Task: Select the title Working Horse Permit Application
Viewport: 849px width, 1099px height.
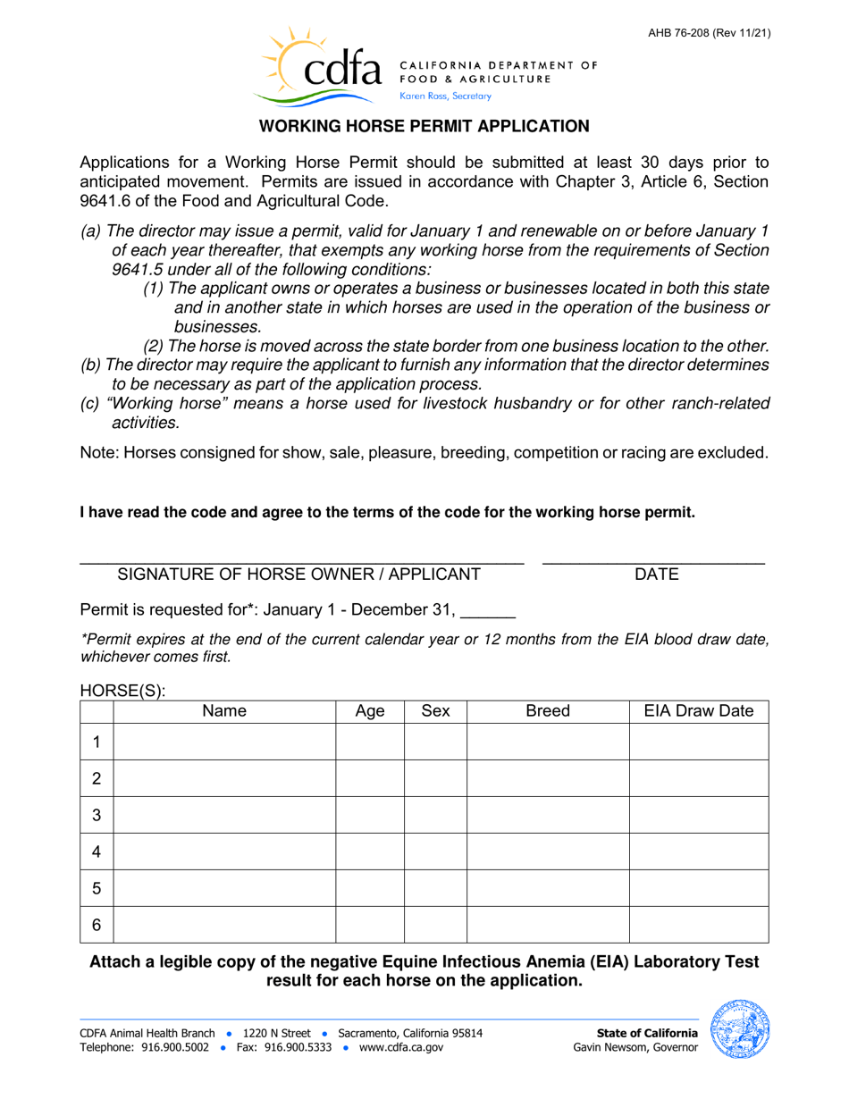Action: pos(424,127)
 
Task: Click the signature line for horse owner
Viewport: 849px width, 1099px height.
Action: pos(301,558)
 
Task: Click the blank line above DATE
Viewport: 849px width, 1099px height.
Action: pos(654,558)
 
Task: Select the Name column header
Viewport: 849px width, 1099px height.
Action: pos(224,711)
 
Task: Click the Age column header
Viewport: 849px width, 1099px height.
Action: pos(370,711)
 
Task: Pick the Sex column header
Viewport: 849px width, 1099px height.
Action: pos(435,711)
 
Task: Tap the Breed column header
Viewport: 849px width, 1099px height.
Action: pos(548,711)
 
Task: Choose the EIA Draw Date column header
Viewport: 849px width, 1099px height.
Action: pos(699,711)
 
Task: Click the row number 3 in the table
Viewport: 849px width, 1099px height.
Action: pos(97,815)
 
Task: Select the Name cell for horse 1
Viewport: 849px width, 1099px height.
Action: pos(224,742)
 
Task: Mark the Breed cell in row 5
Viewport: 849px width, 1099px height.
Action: pos(548,888)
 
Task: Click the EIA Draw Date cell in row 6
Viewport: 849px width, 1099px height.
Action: pos(699,925)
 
